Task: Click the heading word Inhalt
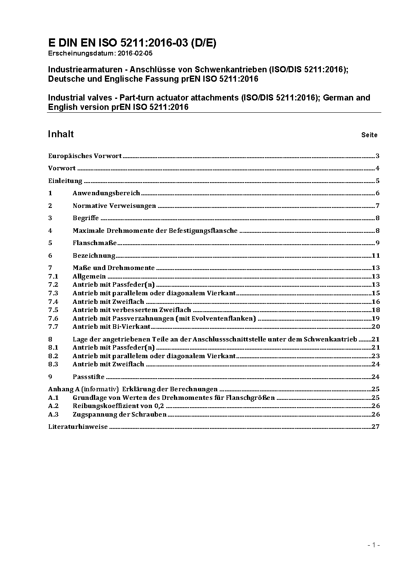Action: [x=61, y=134]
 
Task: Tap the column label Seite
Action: [x=369, y=135]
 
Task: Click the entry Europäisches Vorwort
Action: [x=85, y=156]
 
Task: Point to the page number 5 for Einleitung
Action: [x=378, y=181]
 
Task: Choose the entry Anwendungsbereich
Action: [x=106, y=193]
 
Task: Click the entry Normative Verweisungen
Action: [x=114, y=206]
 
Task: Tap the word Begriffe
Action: [x=86, y=218]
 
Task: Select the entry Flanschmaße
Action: [x=95, y=243]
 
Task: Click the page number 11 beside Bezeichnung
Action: [x=376, y=256]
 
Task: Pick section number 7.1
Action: [x=53, y=276]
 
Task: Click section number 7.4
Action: [x=53, y=302]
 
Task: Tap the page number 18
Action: [x=376, y=310]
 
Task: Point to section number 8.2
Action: [x=53, y=356]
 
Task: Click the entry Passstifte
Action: [x=89, y=377]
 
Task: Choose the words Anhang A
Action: [x=60, y=389]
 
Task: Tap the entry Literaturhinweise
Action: [x=78, y=427]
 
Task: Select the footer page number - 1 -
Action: [x=374, y=544]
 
